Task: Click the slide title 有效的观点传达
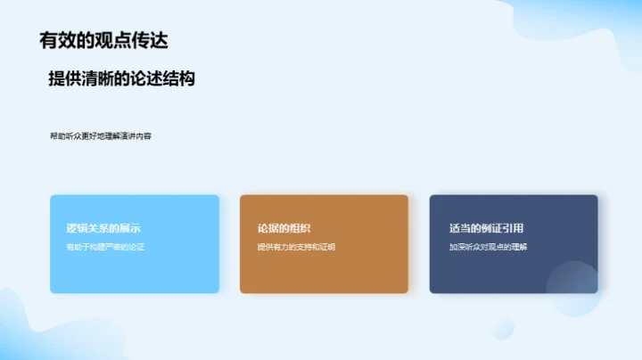click(103, 40)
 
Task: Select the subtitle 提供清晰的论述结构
click(121, 78)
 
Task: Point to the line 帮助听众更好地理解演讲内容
click(101, 136)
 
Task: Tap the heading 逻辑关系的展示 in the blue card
click(103, 228)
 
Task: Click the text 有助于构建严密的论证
click(105, 247)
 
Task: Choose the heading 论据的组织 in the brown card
click(284, 228)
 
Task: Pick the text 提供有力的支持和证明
click(296, 247)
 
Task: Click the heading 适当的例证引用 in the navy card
click(486, 228)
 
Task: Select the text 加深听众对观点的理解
click(488, 247)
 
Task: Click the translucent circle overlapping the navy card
click(572, 286)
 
